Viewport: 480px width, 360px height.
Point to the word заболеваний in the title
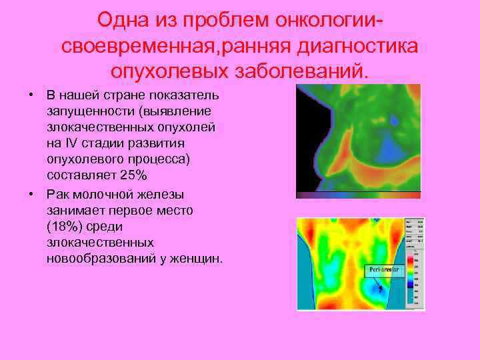tap(294, 70)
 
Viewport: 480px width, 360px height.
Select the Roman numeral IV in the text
tap(71, 143)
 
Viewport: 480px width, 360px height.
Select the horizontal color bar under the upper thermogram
tap(359, 195)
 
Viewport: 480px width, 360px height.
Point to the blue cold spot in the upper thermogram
tap(395, 122)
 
